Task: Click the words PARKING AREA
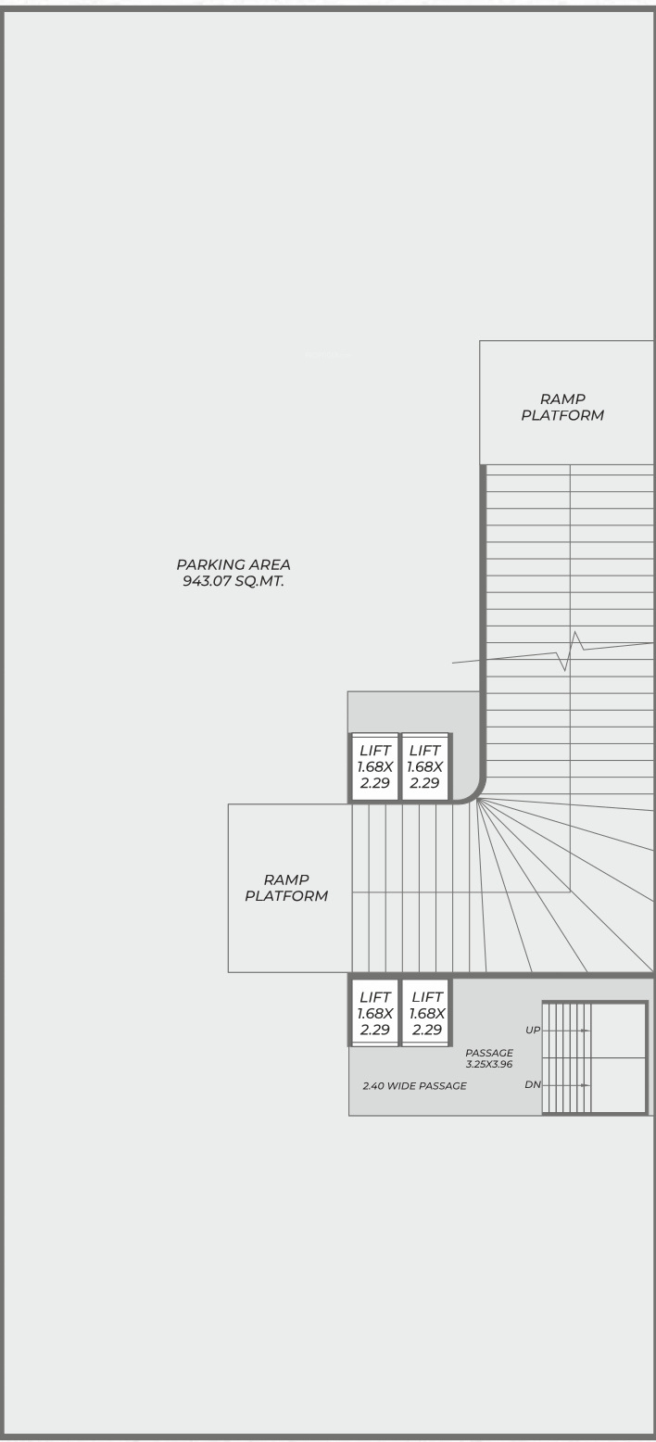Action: pos(233,564)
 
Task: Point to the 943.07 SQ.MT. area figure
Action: pos(233,581)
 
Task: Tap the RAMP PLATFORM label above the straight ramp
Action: pos(562,407)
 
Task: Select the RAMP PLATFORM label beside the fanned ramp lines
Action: pos(286,888)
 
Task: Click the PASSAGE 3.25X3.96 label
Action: pos(489,1058)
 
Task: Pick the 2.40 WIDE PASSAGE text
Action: pos(414,1086)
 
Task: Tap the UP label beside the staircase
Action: pos(533,1030)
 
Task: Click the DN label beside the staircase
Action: pos(533,1084)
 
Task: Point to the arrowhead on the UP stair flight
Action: pos(584,1030)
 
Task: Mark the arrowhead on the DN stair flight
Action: pos(584,1085)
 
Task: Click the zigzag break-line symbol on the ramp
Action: pos(570,651)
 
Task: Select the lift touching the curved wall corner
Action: pos(425,766)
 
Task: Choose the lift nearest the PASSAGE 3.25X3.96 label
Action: pos(427,1013)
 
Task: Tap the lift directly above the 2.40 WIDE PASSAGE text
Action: pos(374,1013)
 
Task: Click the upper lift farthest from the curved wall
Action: pos(374,766)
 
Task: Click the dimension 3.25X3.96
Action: pos(489,1064)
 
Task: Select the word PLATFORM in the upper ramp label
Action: pos(562,415)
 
